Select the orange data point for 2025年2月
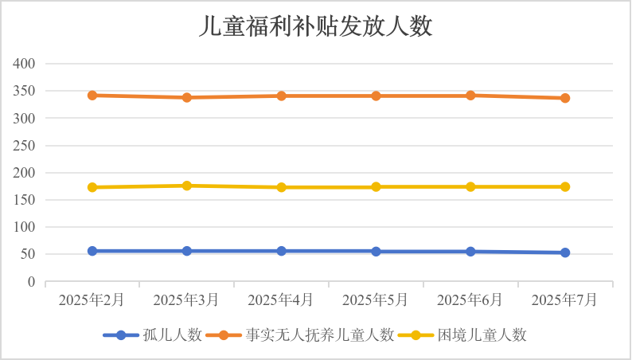point(92,96)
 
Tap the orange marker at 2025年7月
point(565,98)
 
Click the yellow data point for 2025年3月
point(187,186)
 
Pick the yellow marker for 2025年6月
point(470,186)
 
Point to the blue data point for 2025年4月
point(282,251)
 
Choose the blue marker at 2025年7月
point(565,252)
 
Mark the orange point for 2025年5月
point(376,96)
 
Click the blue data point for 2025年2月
point(92,251)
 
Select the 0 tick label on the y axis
point(33,282)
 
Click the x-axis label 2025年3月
point(187,300)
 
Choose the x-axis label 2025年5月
point(376,300)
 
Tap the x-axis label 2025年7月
point(565,300)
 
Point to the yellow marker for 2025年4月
point(282,187)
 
